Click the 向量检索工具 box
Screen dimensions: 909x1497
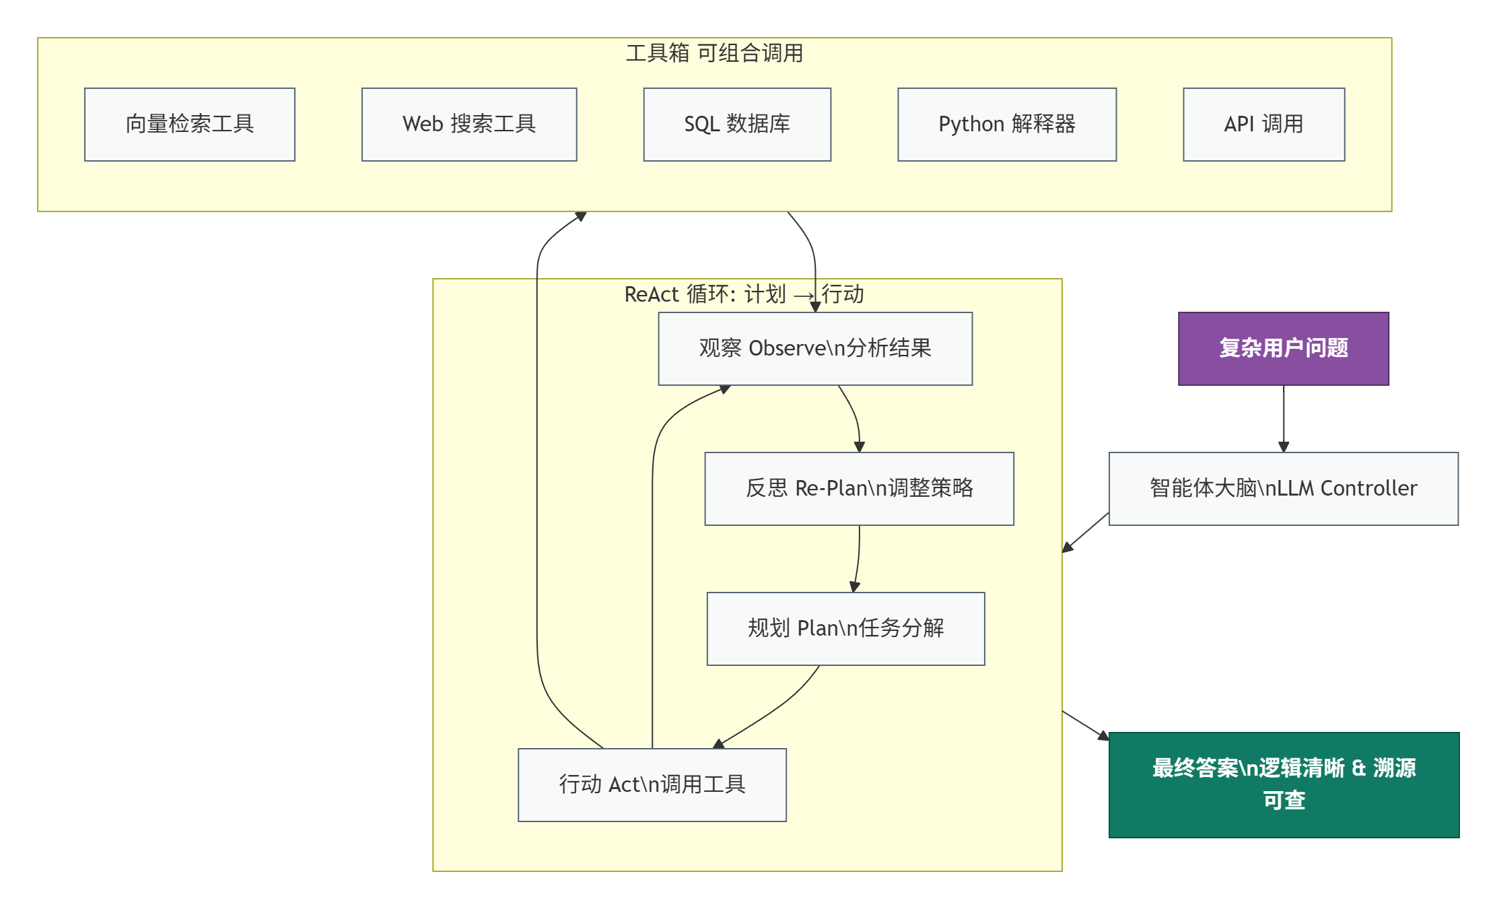pos(190,125)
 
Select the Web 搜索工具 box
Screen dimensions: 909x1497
pos(469,125)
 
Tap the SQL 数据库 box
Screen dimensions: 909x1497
pos(737,125)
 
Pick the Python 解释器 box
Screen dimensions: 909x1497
pos(1007,125)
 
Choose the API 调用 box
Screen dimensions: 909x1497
pos(1263,125)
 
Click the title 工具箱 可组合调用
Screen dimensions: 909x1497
pos(714,53)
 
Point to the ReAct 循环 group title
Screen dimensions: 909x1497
pos(744,294)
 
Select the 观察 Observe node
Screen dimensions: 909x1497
pos(815,349)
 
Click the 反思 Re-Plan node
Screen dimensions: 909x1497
pos(859,489)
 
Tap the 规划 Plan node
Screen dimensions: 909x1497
pos(845,629)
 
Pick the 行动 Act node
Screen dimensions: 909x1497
pos(652,785)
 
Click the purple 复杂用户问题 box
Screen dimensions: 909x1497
pos(1283,349)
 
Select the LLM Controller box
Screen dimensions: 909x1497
pos(1283,489)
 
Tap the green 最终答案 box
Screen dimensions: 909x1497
pos(1284,785)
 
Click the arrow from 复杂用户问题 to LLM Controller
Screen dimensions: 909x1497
pos(1284,417)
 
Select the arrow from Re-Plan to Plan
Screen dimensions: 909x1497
pos(858,559)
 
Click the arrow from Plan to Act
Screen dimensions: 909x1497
pos(774,710)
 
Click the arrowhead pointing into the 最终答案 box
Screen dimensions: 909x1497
pos(1104,736)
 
